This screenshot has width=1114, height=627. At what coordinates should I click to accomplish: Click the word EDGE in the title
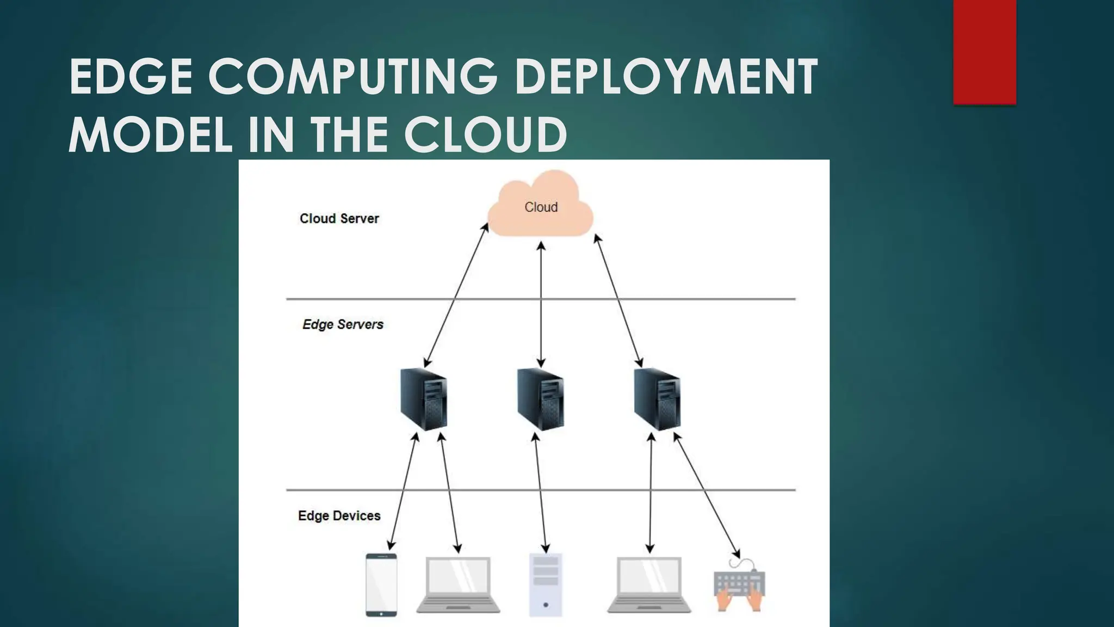point(131,77)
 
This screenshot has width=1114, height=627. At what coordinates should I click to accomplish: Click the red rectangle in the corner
point(985,52)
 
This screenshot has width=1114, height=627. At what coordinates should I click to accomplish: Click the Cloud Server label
point(339,218)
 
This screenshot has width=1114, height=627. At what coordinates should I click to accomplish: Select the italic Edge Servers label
point(343,324)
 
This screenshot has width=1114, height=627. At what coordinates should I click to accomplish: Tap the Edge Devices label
point(339,515)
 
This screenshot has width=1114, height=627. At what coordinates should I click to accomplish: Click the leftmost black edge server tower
point(424,399)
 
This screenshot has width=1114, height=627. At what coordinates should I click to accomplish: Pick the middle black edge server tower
point(540,399)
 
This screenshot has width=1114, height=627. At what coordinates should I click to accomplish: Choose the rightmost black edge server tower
point(657,399)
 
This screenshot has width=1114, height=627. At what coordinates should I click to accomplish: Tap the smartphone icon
point(381,585)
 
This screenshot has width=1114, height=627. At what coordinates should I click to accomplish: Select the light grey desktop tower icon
point(546,585)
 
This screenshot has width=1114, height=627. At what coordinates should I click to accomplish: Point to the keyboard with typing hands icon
point(740,588)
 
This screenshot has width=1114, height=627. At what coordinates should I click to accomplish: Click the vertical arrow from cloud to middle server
point(541,305)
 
